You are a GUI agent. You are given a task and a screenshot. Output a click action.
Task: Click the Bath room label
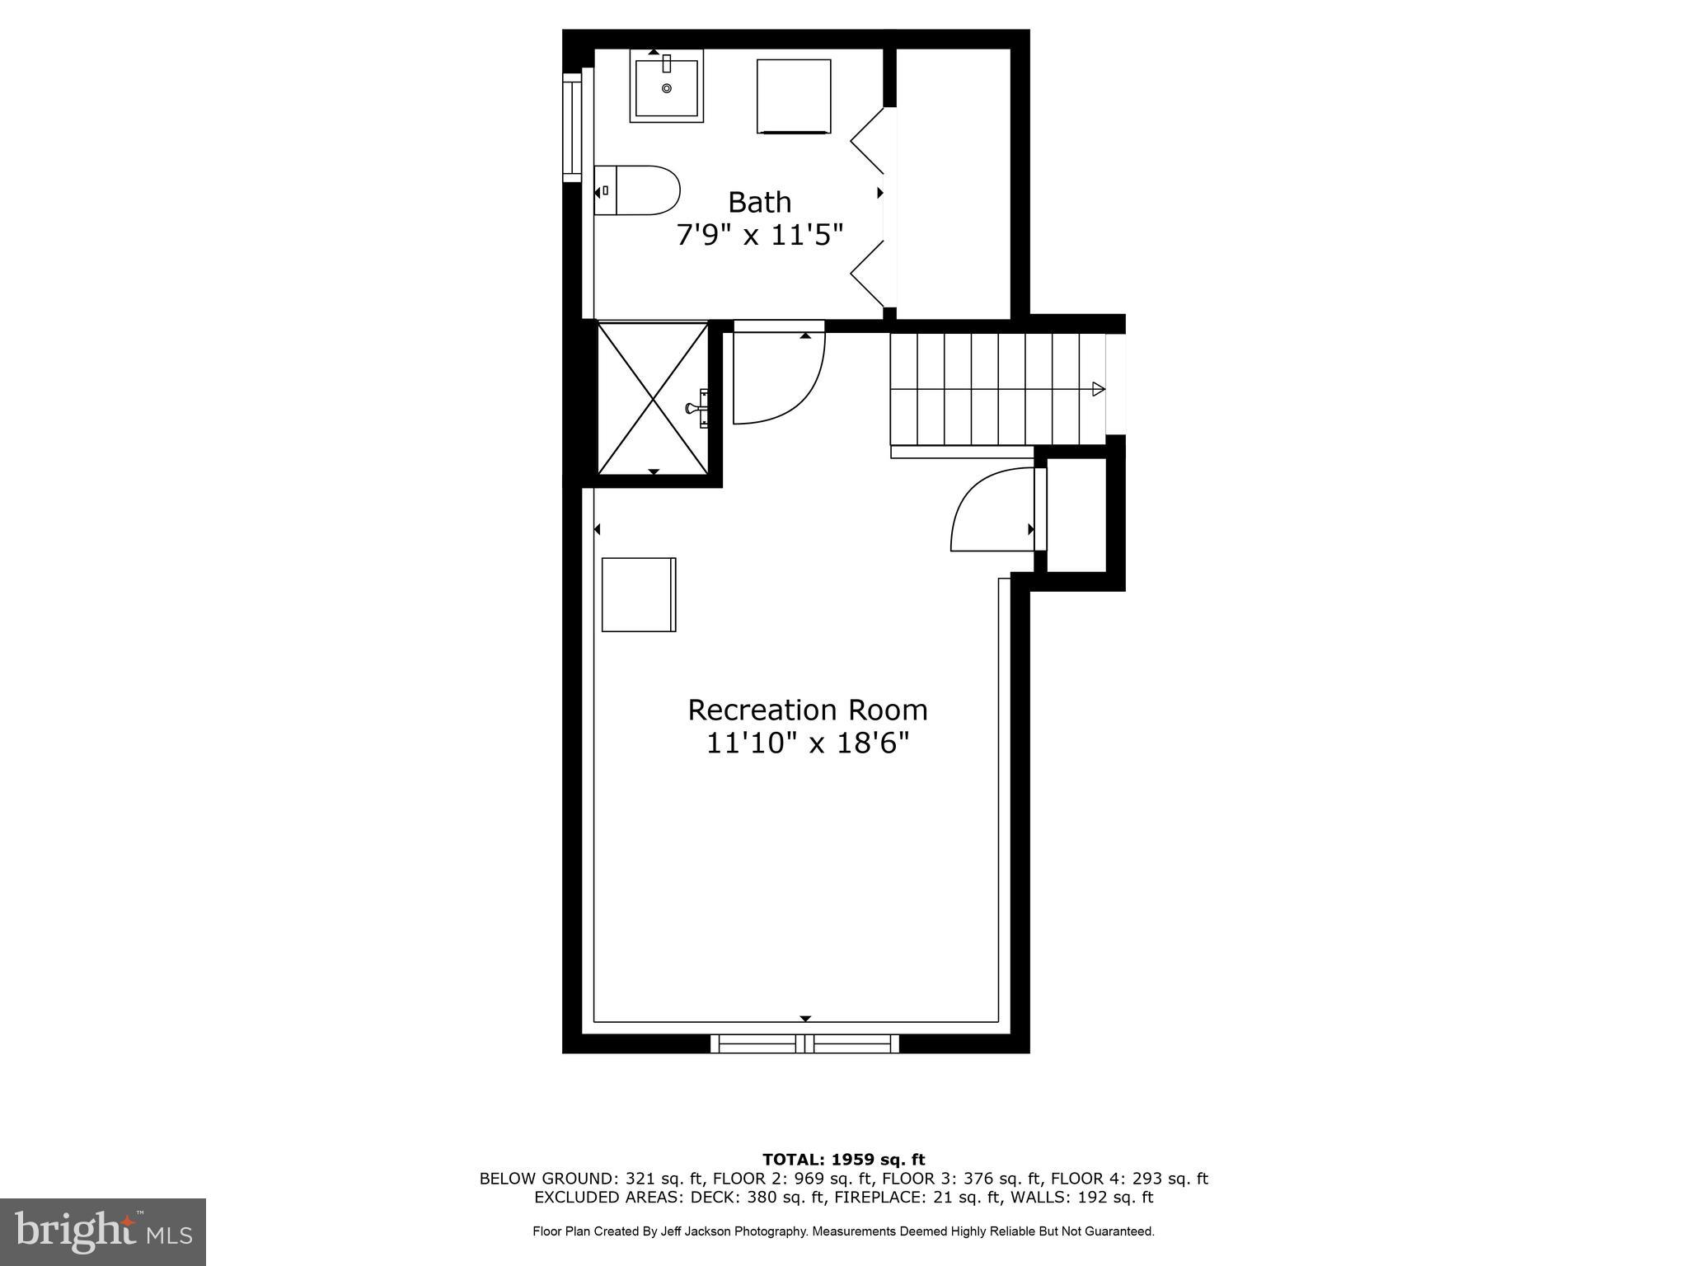pos(759,202)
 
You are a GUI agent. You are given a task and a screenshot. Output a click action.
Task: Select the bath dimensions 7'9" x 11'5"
pos(759,236)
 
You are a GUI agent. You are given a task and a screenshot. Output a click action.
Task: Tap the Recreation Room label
pos(807,710)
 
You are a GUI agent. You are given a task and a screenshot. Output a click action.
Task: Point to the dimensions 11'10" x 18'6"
pos(807,743)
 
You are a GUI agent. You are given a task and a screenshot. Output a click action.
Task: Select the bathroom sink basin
pos(666,87)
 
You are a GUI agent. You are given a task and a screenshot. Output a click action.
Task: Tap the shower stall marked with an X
pos(653,399)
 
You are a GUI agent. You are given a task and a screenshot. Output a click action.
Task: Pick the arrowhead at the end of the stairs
pos(1098,389)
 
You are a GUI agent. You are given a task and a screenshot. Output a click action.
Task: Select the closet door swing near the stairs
pos(993,511)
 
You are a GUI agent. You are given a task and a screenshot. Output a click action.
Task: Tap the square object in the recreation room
pos(639,594)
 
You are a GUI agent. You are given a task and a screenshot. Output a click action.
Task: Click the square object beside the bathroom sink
pos(794,96)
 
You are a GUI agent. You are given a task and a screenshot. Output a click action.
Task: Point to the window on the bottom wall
pos(805,1043)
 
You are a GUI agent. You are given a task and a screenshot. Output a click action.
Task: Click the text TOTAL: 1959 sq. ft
pos(843,1160)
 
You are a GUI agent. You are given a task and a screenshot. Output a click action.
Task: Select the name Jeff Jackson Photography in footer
pos(734,1231)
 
